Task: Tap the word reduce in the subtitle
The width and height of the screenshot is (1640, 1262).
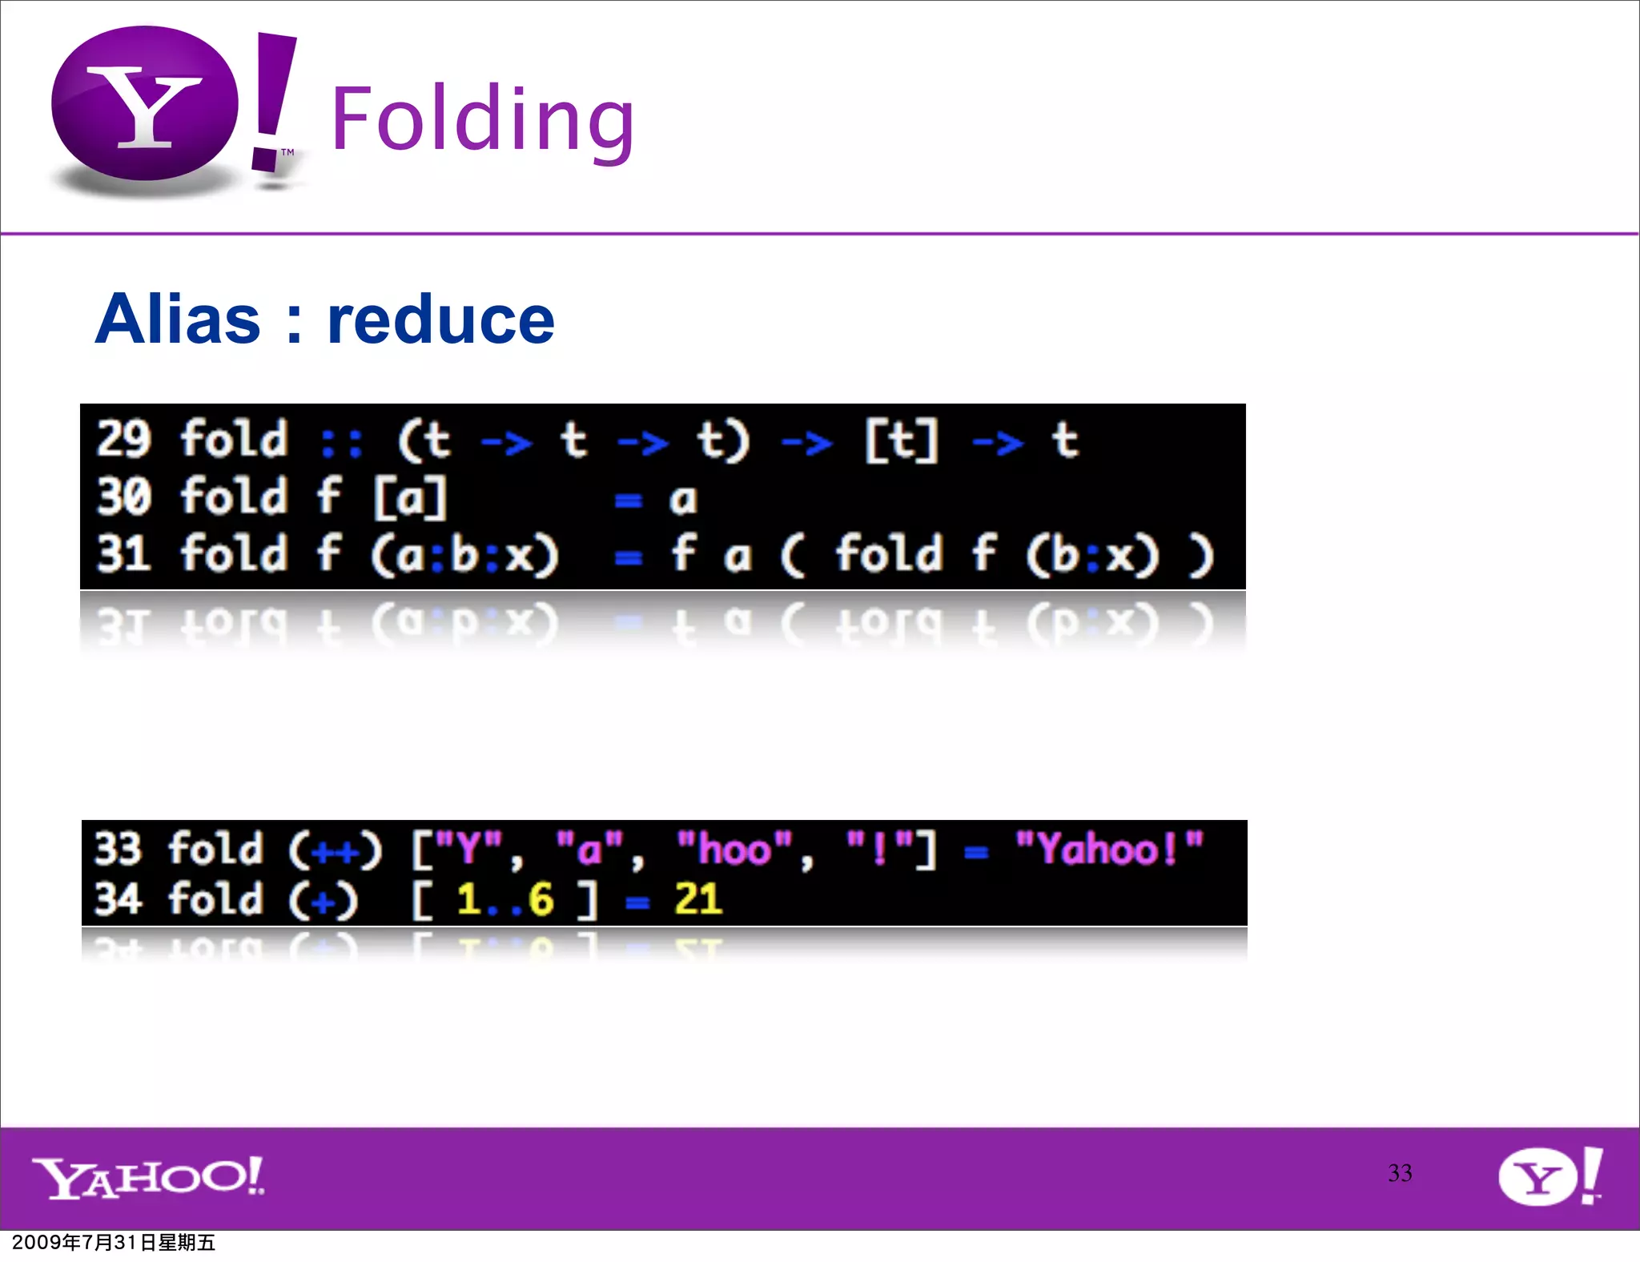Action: pyautogui.click(x=440, y=320)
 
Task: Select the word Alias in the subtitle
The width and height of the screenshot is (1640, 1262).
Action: pyautogui.click(x=178, y=320)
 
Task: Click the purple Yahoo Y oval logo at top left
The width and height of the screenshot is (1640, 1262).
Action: pyautogui.click(x=145, y=104)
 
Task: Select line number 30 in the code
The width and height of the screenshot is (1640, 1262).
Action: pyautogui.click(x=123, y=496)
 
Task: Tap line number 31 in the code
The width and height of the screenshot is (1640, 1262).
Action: pyautogui.click(x=123, y=553)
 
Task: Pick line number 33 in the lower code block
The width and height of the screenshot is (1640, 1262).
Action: pyautogui.click(x=118, y=849)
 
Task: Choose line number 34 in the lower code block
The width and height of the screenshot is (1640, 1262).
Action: pyautogui.click(x=118, y=898)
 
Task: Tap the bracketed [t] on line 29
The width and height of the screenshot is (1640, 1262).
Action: pyautogui.click(x=901, y=440)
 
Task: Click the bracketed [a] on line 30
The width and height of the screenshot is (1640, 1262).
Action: pyautogui.click(x=410, y=497)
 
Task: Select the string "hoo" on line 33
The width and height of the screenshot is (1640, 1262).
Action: pyautogui.click(x=734, y=849)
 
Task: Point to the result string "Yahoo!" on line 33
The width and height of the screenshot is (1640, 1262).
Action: pyautogui.click(x=1109, y=849)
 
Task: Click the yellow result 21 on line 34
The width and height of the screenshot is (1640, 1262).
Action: pyautogui.click(x=698, y=898)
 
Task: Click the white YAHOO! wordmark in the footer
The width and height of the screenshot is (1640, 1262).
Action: pyautogui.click(x=148, y=1177)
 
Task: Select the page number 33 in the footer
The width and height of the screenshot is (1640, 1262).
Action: pyautogui.click(x=1400, y=1173)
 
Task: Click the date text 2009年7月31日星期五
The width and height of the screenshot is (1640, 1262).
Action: pyautogui.click(x=114, y=1243)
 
